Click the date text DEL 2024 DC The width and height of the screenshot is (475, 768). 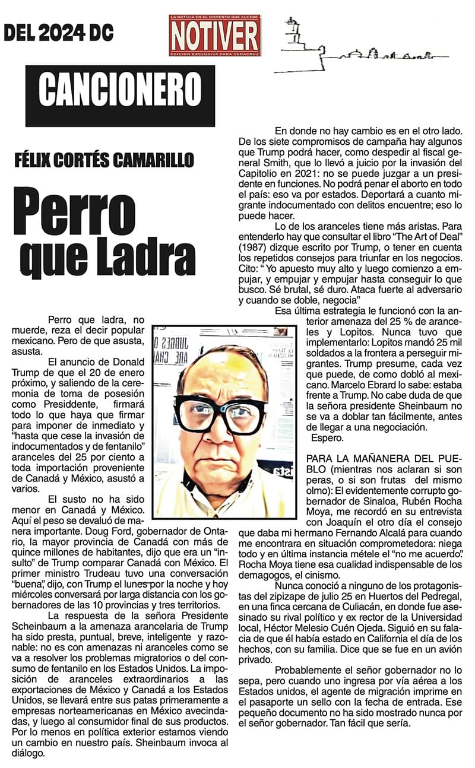click(59, 33)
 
